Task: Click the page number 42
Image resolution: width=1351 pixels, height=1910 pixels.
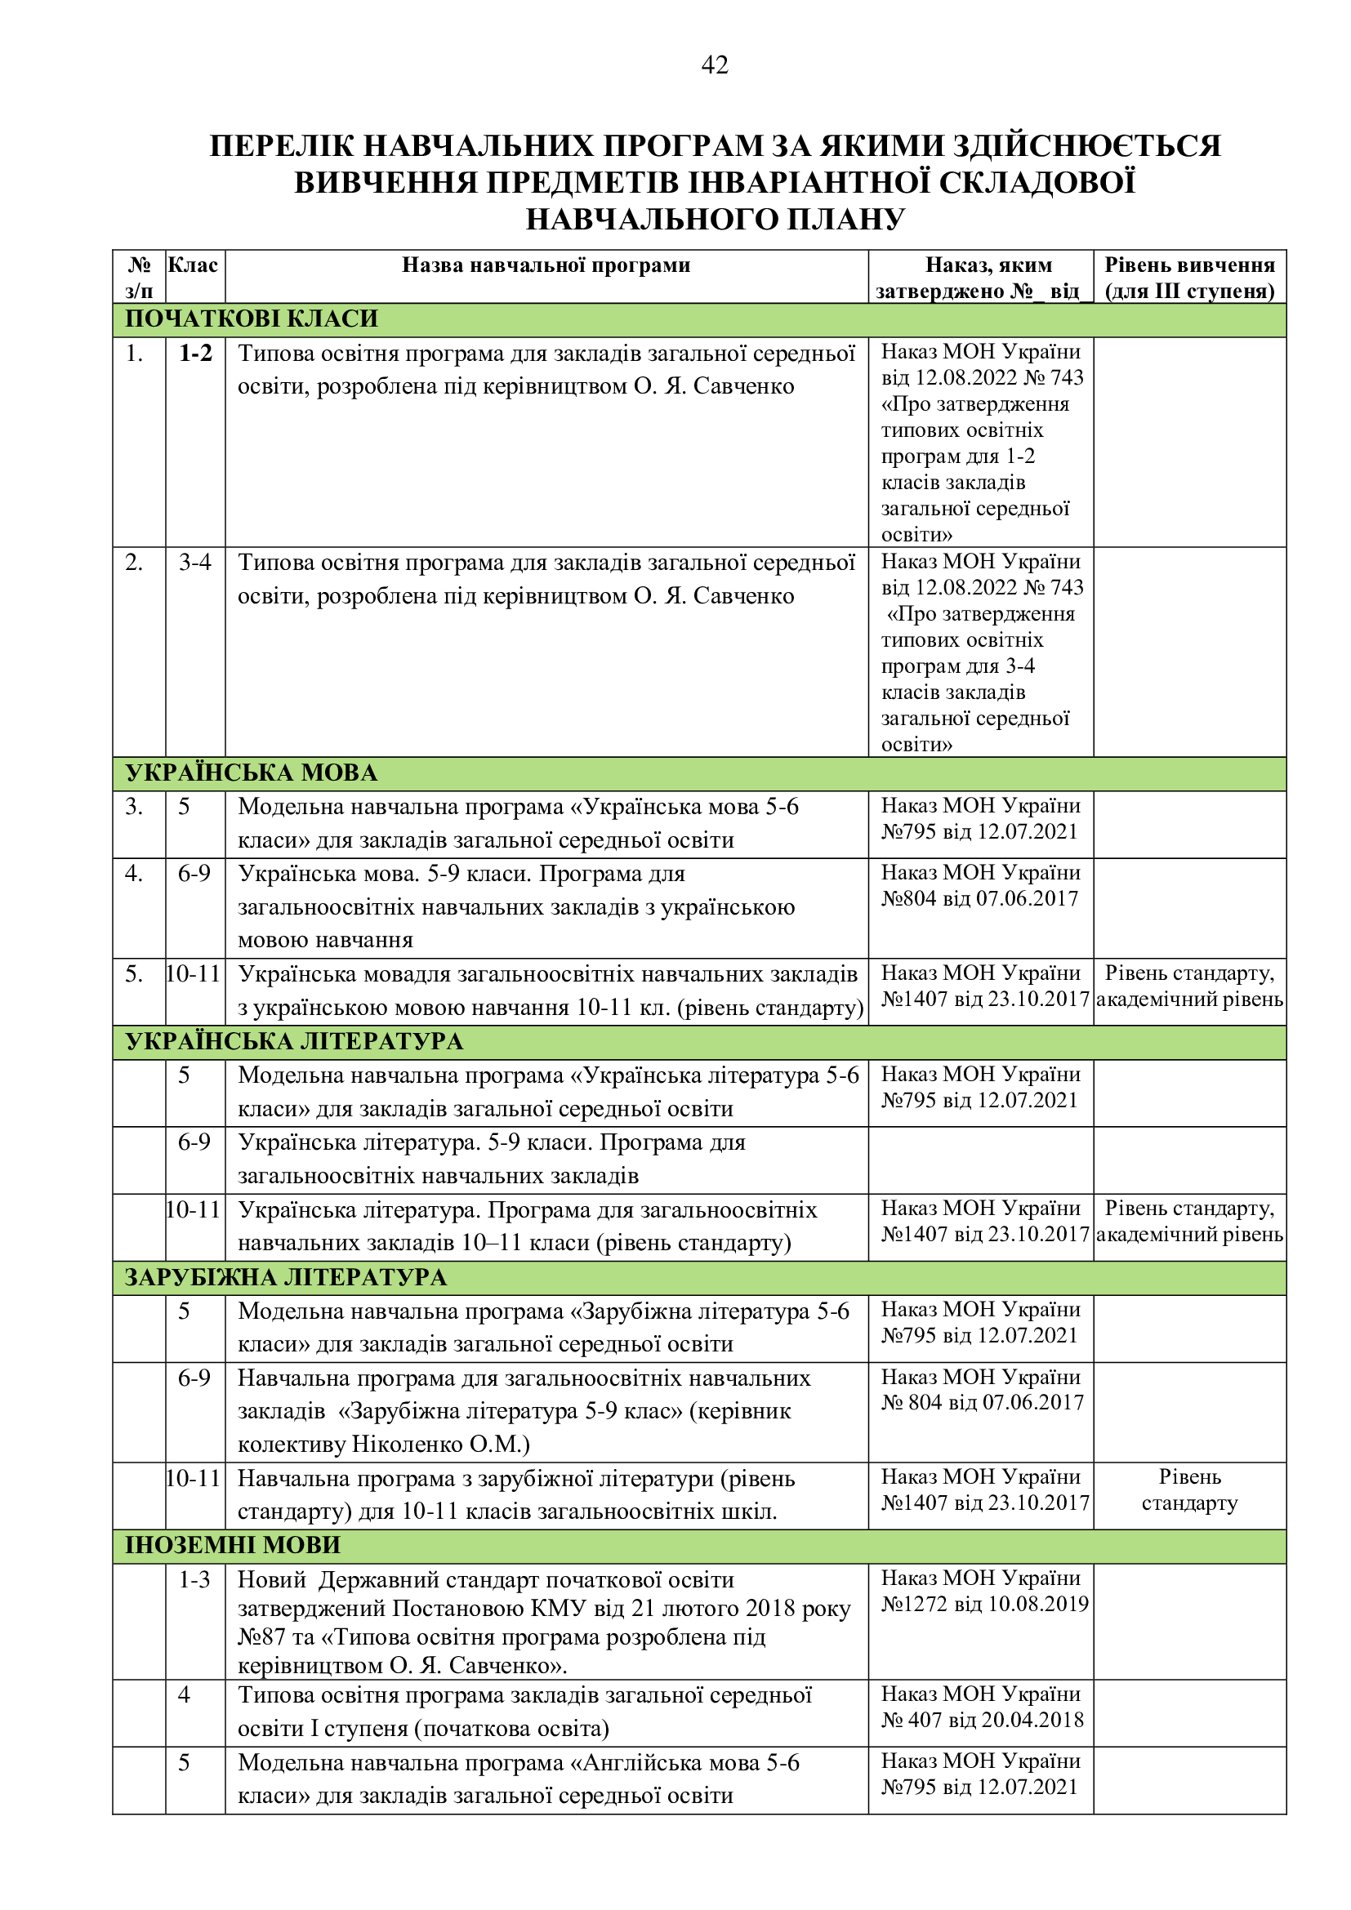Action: (715, 65)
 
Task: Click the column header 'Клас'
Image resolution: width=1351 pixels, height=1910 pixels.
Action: (193, 265)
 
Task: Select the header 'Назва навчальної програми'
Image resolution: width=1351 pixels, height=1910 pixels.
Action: (546, 265)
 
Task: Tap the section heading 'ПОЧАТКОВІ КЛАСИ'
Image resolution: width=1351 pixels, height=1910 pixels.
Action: (252, 318)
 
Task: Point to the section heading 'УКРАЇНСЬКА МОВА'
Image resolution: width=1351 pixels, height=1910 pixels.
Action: (252, 772)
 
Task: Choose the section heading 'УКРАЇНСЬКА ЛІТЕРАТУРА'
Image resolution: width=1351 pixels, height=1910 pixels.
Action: (294, 1041)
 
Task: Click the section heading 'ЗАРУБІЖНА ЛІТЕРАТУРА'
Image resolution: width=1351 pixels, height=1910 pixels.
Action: (285, 1277)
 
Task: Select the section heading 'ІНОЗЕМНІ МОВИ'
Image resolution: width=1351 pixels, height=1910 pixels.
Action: (233, 1546)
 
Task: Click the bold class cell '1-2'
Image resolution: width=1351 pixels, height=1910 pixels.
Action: (195, 354)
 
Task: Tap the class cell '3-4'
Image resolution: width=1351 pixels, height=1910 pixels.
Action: (194, 563)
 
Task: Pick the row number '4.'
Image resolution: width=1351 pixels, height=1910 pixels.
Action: (134, 874)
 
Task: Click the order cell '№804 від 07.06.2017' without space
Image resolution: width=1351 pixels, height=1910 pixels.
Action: (979, 898)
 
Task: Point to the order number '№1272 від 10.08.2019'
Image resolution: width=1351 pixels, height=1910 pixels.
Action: (985, 1604)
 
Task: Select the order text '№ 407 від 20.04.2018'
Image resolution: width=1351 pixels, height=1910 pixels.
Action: (983, 1720)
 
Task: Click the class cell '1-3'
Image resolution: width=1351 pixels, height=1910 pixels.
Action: (194, 1579)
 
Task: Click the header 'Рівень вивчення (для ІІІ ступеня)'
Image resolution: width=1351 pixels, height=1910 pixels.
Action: (1189, 278)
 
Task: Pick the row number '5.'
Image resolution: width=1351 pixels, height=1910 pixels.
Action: (134, 973)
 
